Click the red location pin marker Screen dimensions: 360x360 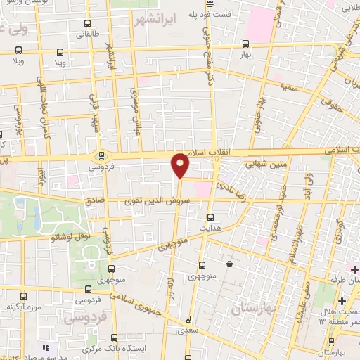pyautogui.click(x=181, y=165)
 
